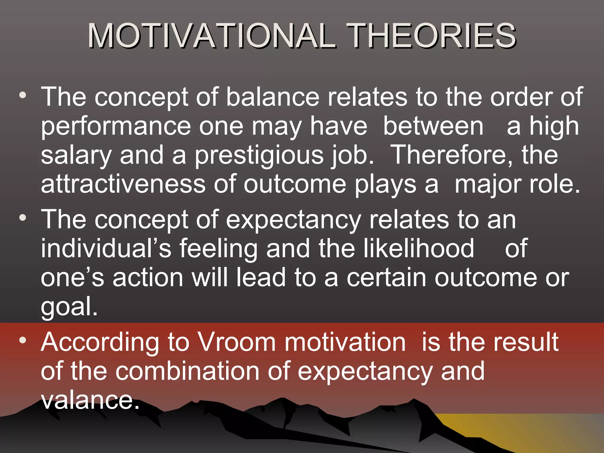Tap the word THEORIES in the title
point(431,36)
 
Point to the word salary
point(76,156)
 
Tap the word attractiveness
point(123,184)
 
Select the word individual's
point(106,248)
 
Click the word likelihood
point(418,248)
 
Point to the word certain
point(386,278)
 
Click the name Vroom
point(236,342)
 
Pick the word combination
point(187,371)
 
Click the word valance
point(90,400)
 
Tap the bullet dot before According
point(23,340)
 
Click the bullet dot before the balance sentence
point(23,95)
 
